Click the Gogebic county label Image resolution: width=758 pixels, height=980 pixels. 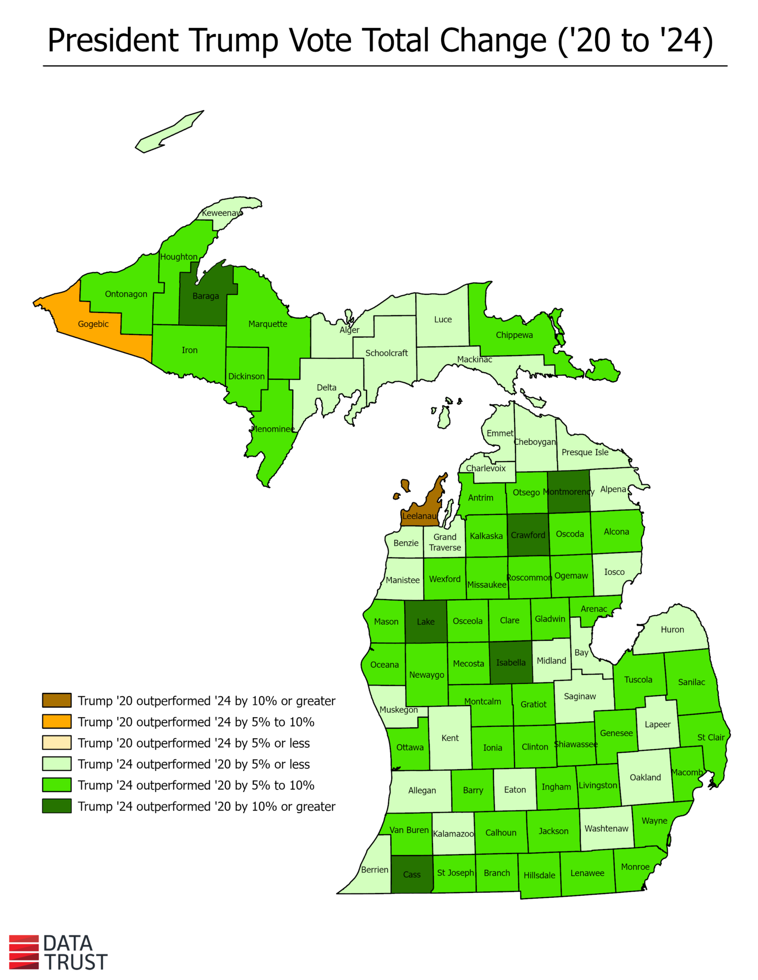(93, 324)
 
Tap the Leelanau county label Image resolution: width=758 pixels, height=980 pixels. (419, 516)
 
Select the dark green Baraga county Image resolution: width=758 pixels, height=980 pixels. (206, 301)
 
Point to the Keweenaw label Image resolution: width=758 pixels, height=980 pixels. (222, 213)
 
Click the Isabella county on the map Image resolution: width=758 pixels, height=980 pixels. (511, 663)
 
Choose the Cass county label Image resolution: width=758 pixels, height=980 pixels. (412, 874)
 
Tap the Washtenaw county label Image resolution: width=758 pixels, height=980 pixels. (606, 828)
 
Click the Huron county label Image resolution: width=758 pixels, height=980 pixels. (672, 630)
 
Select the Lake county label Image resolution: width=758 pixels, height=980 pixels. (426, 622)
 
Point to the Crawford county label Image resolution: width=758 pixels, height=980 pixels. (528, 535)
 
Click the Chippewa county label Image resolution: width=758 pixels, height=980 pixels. (514, 335)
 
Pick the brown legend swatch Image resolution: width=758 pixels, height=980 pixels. (57, 701)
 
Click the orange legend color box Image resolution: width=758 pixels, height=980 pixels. (57, 722)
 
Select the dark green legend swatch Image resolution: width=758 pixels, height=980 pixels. (57, 806)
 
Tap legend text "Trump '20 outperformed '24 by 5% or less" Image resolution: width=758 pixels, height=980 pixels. (194, 743)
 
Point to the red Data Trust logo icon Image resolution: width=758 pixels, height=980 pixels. (24, 952)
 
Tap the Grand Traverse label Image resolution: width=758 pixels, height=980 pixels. (445, 542)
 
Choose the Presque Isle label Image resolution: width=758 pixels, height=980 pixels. (585, 452)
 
